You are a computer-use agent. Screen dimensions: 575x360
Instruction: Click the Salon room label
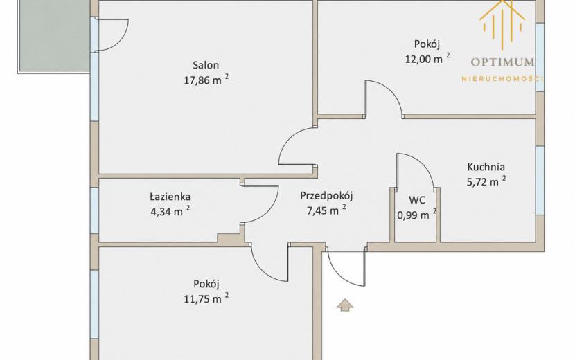[x=206, y=65]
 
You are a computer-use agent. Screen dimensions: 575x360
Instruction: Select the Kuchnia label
[x=486, y=167]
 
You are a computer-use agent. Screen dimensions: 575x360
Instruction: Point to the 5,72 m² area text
[x=486, y=181]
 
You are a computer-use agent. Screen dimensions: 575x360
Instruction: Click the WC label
[x=417, y=200]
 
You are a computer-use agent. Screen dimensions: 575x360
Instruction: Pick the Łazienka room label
[x=170, y=197]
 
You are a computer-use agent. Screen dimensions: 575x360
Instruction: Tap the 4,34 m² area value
[x=170, y=211]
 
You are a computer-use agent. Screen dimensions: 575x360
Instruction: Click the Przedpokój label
[x=326, y=196]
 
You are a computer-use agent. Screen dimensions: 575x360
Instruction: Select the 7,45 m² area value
[x=326, y=210]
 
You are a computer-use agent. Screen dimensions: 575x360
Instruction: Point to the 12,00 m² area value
[x=427, y=58]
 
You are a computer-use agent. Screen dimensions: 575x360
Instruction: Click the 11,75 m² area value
[x=206, y=298]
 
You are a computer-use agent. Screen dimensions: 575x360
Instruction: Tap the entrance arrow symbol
[x=345, y=305]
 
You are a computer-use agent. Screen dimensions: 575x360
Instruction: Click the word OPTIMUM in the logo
[x=502, y=62]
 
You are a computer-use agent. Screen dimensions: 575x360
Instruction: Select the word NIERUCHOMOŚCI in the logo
[x=502, y=78]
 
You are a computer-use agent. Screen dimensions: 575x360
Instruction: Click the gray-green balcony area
[x=54, y=35]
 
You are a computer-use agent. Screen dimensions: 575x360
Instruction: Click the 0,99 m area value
[x=414, y=215]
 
